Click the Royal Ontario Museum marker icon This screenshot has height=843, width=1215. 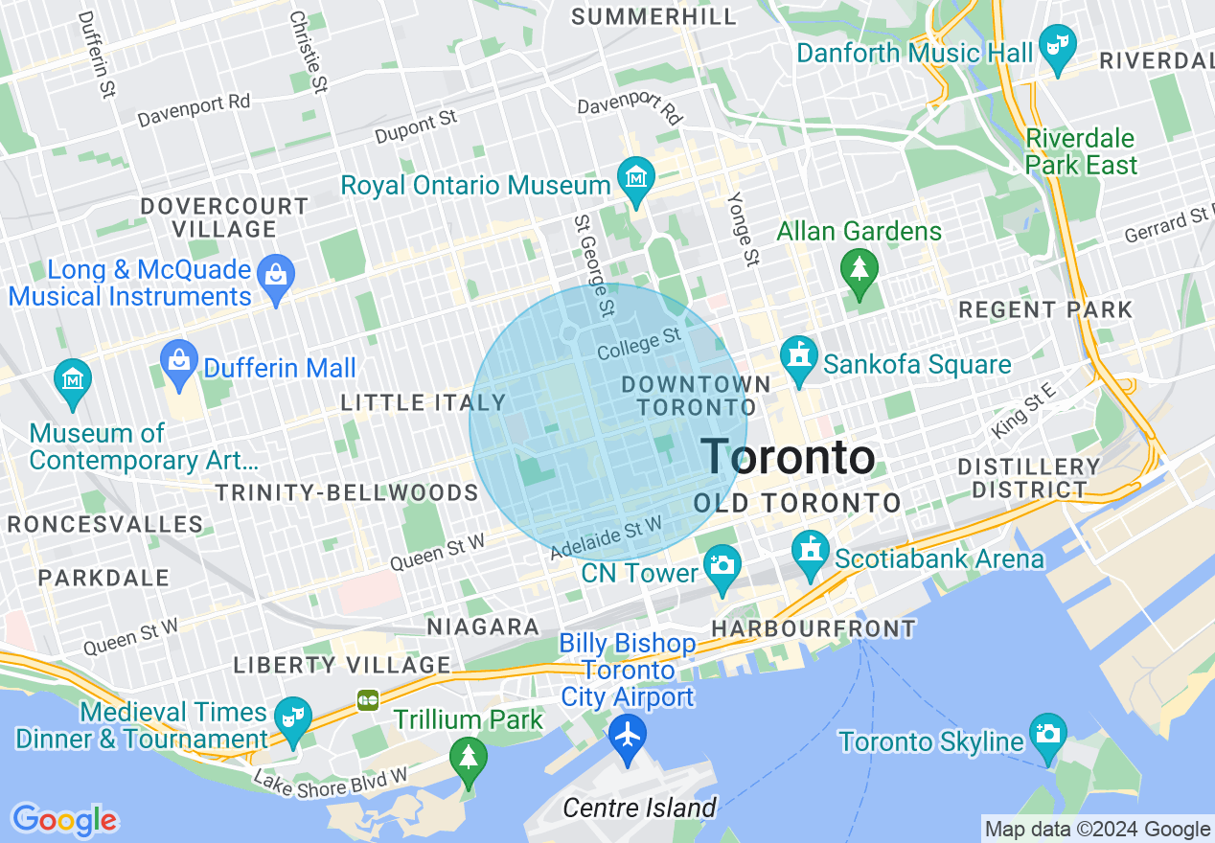tap(636, 178)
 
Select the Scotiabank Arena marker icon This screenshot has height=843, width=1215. tap(811, 552)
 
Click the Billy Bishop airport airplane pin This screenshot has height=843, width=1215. tap(628, 738)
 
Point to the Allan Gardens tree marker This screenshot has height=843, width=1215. tap(859, 267)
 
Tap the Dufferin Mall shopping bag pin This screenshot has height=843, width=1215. tap(179, 361)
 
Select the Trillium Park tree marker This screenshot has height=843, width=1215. tap(469, 759)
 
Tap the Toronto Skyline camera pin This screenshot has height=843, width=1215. tap(1049, 734)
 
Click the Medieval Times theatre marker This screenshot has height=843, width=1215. tap(291, 718)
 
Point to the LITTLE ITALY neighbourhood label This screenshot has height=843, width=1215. tap(423, 403)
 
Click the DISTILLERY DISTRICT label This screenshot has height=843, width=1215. tap(1029, 478)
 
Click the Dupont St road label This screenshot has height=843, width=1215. tap(417, 125)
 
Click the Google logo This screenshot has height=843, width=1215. tap(64, 819)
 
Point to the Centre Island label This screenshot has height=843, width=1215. tap(639, 808)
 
